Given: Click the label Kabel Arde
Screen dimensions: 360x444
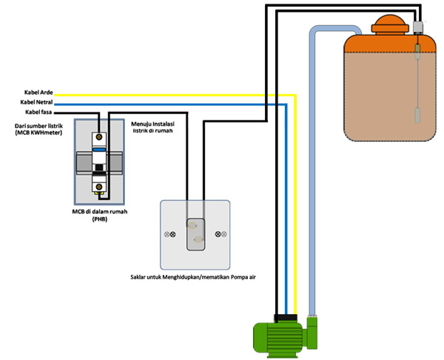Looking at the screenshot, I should click(x=36, y=92).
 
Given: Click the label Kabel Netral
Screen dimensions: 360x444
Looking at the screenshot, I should click(x=34, y=101).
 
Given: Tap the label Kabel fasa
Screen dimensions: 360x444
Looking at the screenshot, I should click(x=37, y=112).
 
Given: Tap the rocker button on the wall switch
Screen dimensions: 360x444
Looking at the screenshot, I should click(x=195, y=234).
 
